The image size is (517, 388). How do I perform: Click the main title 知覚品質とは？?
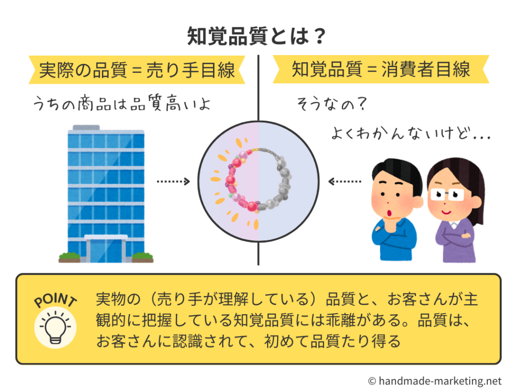tap(256, 36)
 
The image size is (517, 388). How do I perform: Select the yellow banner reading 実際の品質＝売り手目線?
tap(137, 70)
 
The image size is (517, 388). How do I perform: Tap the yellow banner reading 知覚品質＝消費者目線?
tap(381, 69)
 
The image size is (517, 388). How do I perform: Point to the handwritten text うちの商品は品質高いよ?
tap(122, 103)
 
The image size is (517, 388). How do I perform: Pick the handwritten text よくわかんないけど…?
tap(411, 133)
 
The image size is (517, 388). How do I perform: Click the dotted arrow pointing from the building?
tap(174, 181)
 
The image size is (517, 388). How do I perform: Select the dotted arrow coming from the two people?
tap(345, 181)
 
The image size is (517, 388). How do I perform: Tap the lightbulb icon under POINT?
tap(56, 327)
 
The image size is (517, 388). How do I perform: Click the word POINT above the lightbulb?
tap(56, 300)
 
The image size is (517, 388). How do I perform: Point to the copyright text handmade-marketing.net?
tap(435, 381)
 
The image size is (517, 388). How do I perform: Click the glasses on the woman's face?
tap(447, 195)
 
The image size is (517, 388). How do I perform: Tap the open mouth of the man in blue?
tap(389, 214)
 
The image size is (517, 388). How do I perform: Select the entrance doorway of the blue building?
tap(106, 249)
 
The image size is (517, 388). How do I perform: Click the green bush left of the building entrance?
tap(69, 256)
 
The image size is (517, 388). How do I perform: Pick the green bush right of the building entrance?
tap(143, 256)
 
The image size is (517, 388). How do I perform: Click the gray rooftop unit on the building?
tap(86, 127)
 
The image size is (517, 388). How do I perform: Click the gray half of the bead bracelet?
tap(277, 180)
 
